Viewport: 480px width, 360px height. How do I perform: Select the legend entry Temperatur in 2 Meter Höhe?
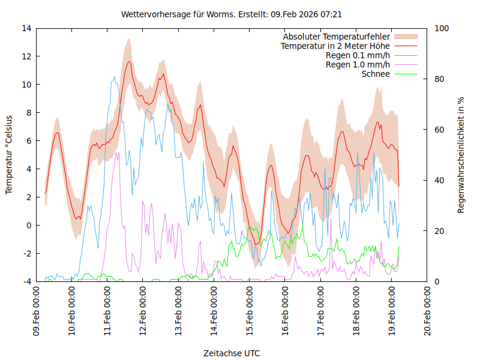point(335,46)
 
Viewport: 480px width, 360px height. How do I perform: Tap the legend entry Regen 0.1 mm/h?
point(358,55)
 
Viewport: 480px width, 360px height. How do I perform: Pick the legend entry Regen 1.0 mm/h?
point(358,65)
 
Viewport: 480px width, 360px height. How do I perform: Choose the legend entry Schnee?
point(376,74)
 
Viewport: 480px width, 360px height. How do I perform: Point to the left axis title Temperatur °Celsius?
point(9,154)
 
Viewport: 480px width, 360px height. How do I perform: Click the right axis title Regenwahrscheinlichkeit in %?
point(461,155)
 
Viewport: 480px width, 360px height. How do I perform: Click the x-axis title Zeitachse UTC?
point(232,353)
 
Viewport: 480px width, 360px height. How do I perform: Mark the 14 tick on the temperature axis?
point(26,28)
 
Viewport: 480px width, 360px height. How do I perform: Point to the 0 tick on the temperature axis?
point(29,225)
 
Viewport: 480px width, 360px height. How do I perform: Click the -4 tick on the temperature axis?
point(26,281)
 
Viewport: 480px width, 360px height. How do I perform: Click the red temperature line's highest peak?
point(128,61)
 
